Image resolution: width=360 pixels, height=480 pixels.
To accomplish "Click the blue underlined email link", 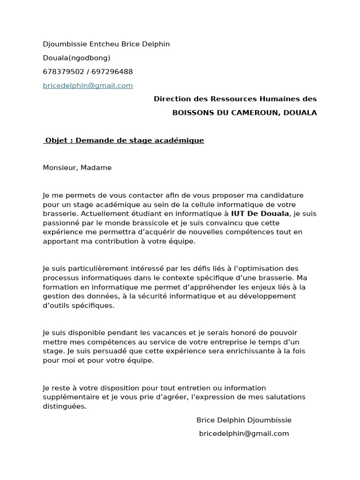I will coord(88,86).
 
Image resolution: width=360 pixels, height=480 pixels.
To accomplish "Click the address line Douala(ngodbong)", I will coord(76,58).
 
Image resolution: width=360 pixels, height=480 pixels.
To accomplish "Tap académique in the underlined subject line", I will coord(180,140).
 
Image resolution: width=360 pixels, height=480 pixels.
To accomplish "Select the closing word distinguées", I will coord(65,406).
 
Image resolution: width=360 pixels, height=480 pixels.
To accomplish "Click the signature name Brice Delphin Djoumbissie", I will coord(244,420).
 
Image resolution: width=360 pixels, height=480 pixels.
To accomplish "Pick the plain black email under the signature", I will coord(244,434).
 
